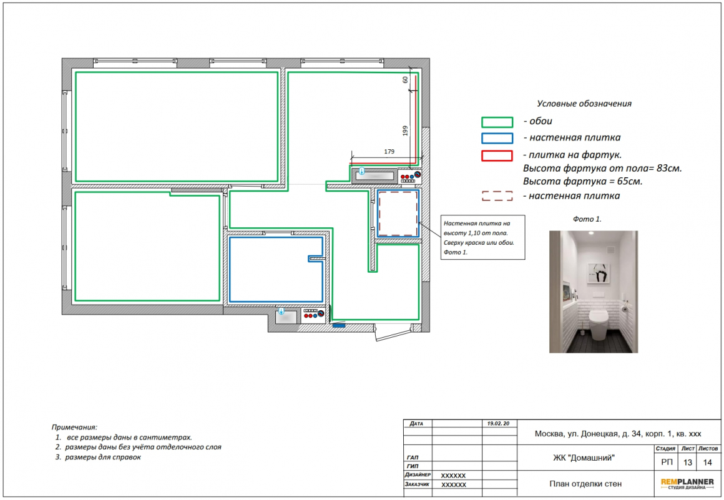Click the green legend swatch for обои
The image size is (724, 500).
497,122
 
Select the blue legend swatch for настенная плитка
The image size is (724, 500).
497,139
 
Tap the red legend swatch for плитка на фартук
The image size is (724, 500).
497,155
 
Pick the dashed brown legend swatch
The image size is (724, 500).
497,196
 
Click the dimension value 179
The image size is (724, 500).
389,152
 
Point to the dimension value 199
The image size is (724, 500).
406,130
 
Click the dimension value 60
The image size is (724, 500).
405,79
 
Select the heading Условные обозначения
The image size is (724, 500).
584,104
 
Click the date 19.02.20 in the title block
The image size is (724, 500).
498,423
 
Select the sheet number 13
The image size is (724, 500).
688,462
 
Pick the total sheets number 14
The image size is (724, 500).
707,462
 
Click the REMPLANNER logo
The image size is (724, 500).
687,483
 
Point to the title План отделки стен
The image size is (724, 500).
585,484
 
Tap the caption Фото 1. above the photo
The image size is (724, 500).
587,219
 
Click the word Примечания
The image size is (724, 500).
74,428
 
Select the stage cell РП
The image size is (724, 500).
667,462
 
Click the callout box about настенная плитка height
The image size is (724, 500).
483,237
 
